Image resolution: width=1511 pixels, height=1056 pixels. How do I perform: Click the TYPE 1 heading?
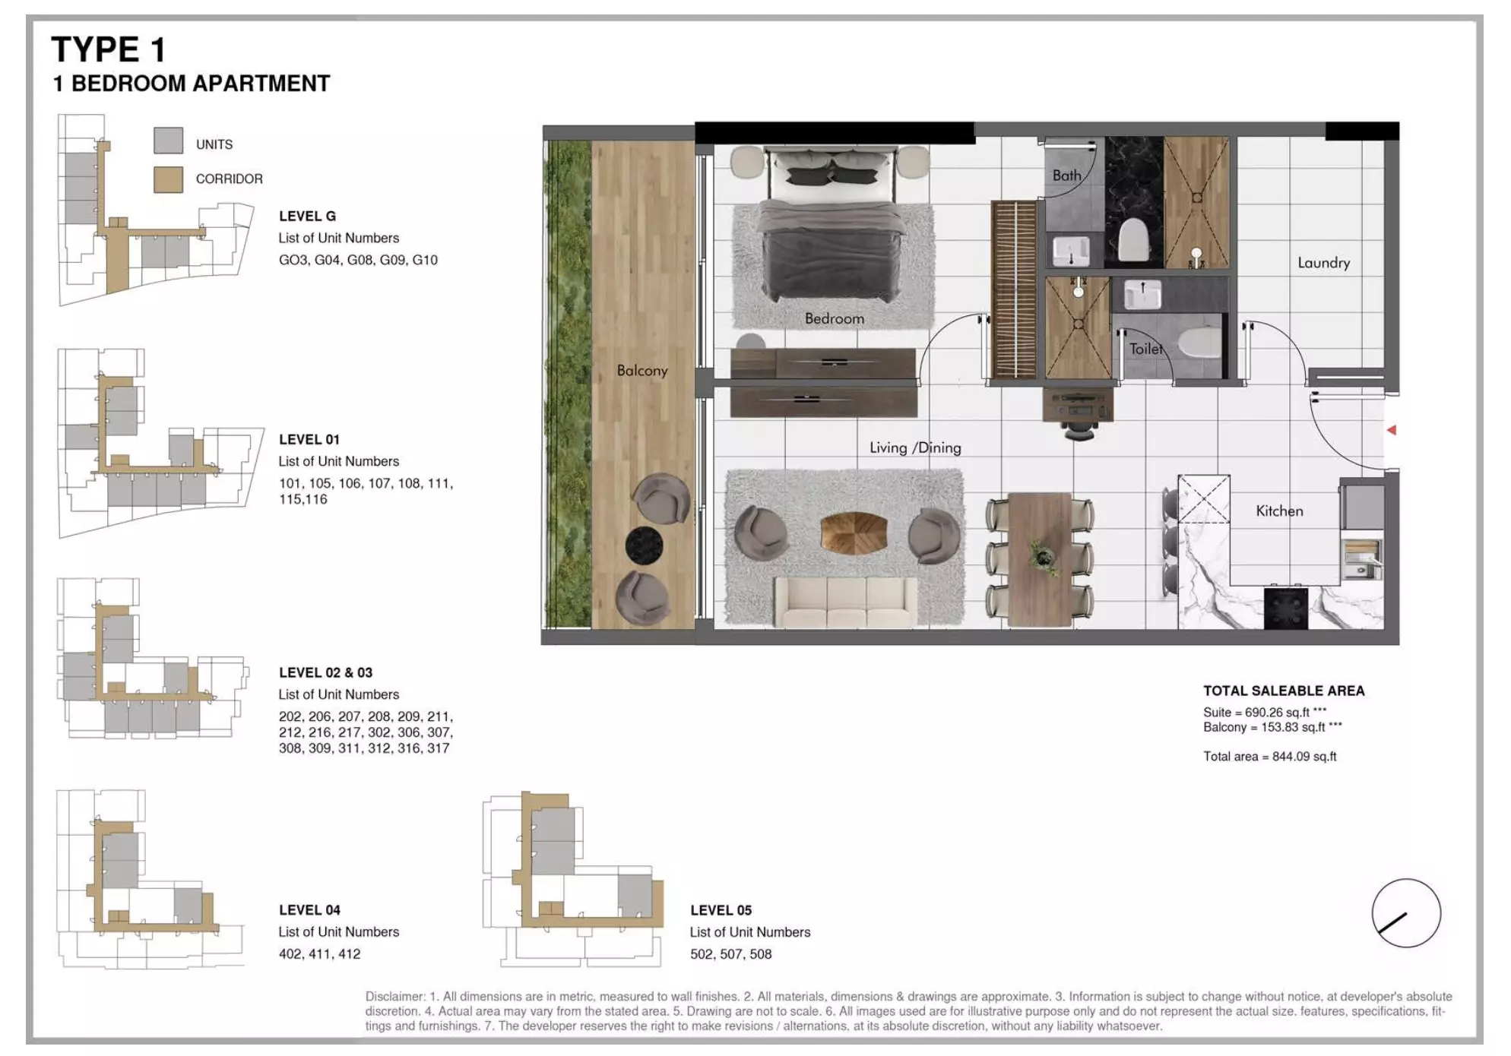point(108,50)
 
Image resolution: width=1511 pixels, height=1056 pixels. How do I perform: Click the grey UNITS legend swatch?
point(168,141)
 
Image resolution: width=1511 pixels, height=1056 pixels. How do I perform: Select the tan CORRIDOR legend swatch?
point(168,179)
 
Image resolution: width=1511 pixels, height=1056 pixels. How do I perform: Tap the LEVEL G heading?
point(307,217)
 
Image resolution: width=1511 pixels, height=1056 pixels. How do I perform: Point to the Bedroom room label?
point(834,319)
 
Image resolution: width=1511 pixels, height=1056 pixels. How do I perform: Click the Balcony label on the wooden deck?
point(641,371)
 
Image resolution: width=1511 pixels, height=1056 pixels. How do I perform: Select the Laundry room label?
point(1323,263)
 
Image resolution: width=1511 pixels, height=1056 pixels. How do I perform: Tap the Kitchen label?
point(1278,511)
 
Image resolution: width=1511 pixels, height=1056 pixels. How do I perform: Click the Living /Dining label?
point(914,448)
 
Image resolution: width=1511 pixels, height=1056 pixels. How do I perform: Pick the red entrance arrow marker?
point(1391,430)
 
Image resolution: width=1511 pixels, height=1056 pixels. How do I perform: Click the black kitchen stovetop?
point(1285,609)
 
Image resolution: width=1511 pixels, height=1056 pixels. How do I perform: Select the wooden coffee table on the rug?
point(854,533)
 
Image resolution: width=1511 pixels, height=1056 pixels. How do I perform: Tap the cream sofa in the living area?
point(846,602)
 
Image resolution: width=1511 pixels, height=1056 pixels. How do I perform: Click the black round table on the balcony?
point(644,545)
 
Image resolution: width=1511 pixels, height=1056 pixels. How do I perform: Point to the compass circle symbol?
point(1405,913)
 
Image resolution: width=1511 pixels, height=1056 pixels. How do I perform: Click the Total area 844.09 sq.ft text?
point(1269,757)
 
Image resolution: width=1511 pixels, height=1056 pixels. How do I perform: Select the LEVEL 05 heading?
point(720,910)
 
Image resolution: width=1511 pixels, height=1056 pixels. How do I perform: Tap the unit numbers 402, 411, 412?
point(319,954)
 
